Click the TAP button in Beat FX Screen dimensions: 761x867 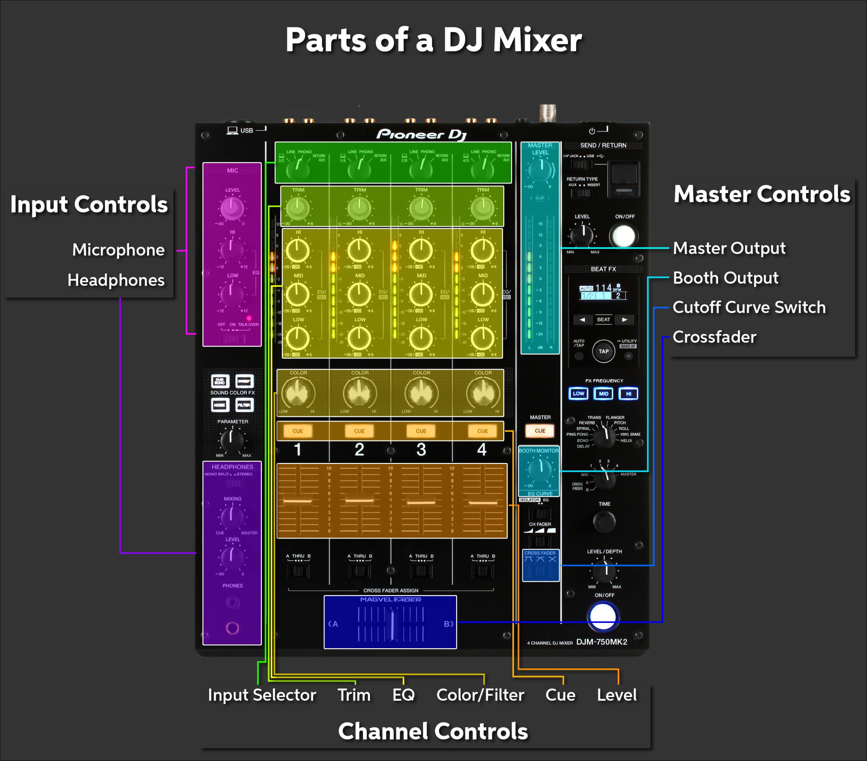click(603, 351)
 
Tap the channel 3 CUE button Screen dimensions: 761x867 click(421, 431)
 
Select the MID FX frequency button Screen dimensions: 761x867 click(603, 394)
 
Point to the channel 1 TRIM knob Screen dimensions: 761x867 click(298, 208)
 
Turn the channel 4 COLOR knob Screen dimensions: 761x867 click(483, 393)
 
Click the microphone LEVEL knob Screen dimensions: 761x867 click(232, 209)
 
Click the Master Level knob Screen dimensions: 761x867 click(541, 170)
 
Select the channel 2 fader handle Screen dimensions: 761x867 click(359, 501)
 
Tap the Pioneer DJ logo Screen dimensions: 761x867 click(421, 134)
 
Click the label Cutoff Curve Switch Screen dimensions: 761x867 click(749, 307)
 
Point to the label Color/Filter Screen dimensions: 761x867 click(480, 695)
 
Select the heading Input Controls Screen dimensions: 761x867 click(89, 205)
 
